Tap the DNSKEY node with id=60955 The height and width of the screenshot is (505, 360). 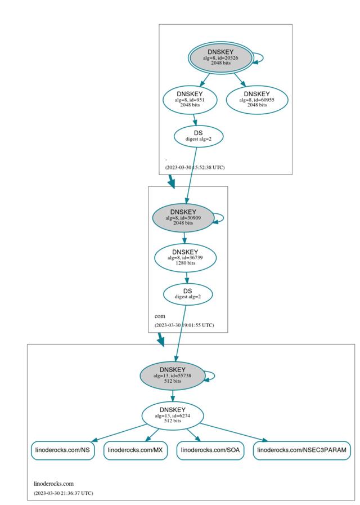pyautogui.click(x=256, y=99)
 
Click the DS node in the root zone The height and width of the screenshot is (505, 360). pyautogui.click(x=198, y=136)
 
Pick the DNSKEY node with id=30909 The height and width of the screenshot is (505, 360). pyautogui.click(x=183, y=217)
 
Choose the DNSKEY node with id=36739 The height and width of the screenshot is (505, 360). pyautogui.click(x=185, y=257)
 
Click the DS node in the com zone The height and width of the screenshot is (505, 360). pyautogui.click(x=187, y=294)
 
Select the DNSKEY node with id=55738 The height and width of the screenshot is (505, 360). pyautogui.click(x=173, y=375)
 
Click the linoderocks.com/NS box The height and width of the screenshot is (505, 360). pyautogui.click(x=63, y=450)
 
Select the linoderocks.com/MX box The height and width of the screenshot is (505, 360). pyautogui.click(x=136, y=450)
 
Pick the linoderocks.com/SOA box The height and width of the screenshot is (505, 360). pyautogui.click(x=210, y=450)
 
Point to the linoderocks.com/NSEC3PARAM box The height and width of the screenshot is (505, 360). pyautogui.click(x=303, y=450)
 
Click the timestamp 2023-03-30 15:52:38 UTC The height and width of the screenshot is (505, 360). pyautogui.click(x=195, y=167)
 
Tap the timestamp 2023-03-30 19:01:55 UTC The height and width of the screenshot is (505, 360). pyautogui.click(x=184, y=325)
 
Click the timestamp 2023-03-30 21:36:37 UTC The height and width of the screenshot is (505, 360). pyautogui.click(x=63, y=493)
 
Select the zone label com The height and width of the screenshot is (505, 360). pyautogui.click(x=160, y=316)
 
